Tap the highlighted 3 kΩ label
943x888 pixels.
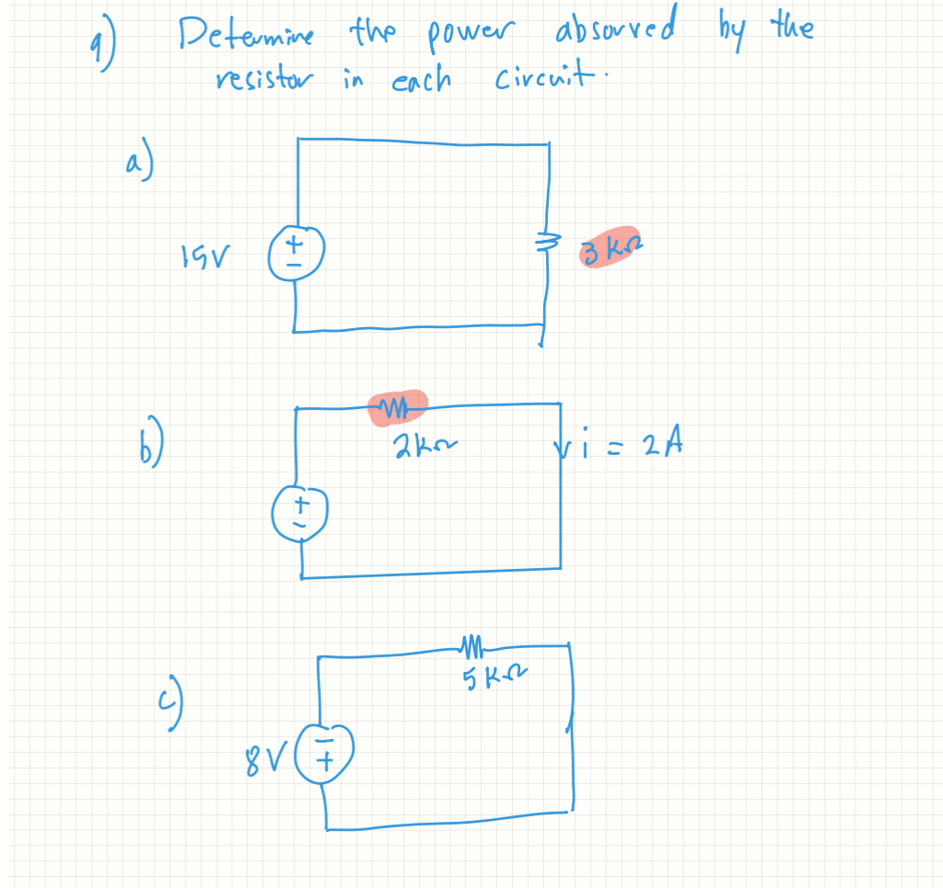(609, 247)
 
